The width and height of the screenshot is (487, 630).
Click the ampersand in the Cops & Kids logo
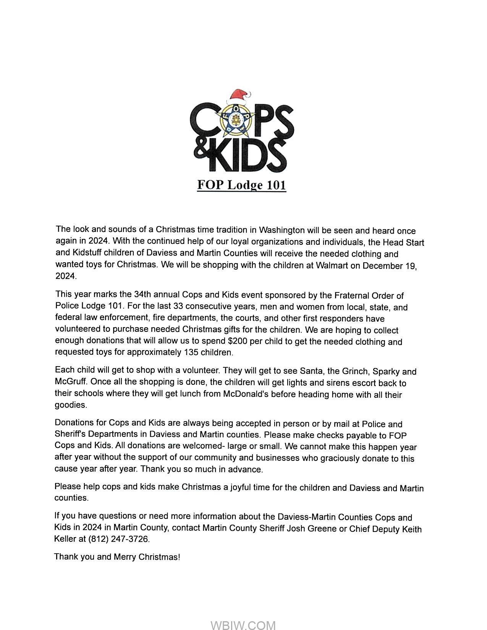(x=202, y=150)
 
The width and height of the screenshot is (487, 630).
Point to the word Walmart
(x=332, y=265)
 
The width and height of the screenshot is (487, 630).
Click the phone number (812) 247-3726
(x=119, y=539)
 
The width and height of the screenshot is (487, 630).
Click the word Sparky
(x=386, y=372)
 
